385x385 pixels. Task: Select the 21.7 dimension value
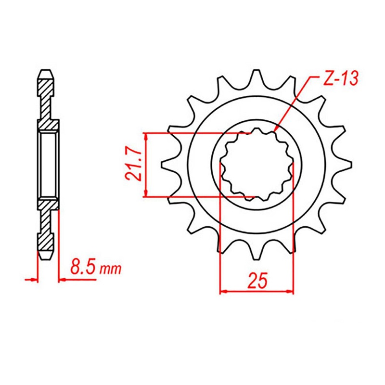coord(133,165)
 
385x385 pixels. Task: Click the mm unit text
coord(110,269)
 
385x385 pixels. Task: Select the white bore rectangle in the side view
coord(48,164)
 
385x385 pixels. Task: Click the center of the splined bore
coord(257,164)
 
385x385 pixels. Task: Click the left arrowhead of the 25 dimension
coord(223,291)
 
